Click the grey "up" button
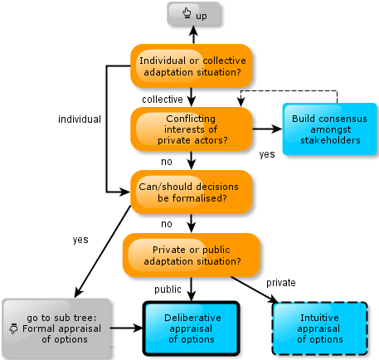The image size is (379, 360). coord(193,14)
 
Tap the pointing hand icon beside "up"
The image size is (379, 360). coord(187,13)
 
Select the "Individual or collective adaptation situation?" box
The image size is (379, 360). coord(192,66)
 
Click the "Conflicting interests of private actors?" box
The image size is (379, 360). coord(192,129)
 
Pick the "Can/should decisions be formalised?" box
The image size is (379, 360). coord(192,192)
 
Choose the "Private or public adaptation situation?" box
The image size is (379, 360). coord(192,255)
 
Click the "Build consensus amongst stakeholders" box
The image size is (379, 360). coord(330,129)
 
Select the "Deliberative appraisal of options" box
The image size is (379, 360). coord(192,328)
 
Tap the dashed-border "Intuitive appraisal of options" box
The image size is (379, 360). coord(320,328)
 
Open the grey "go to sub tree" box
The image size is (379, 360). coord(56,328)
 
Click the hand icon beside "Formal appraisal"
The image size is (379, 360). coord(13,328)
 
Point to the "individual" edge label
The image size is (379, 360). coord(80,119)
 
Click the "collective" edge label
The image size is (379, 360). coord(163,100)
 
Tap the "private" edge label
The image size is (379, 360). coord(281,283)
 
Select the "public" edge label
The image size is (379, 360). coord(168,289)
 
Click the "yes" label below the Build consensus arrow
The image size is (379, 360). coord(267,154)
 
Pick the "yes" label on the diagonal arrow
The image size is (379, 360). coord(80,240)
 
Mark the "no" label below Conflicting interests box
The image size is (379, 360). coord(167,162)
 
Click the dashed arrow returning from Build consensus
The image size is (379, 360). coord(289,90)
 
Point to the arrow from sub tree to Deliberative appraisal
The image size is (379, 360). coord(127,328)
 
